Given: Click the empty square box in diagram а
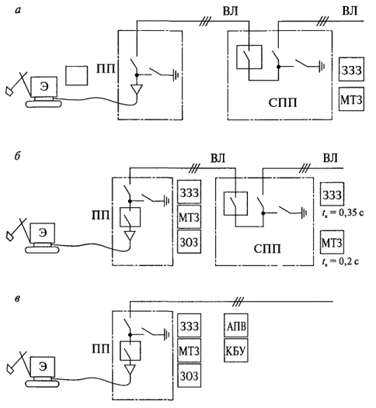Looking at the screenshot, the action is pyautogui.click(x=76, y=75).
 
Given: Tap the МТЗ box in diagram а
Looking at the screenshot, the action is pyautogui.click(x=351, y=99).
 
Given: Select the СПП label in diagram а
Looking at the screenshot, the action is pyautogui.click(x=283, y=103).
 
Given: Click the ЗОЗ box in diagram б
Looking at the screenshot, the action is pyautogui.click(x=190, y=242).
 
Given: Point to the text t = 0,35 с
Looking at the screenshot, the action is pyautogui.click(x=343, y=213).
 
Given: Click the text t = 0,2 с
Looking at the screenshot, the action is pyautogui.click(x=340, y=261).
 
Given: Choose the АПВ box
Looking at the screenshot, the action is pyautogui.click(x=236, y=325).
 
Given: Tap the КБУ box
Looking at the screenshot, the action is pyautogui.click(x=236, y=351).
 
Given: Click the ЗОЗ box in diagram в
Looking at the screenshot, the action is pyautogui.click(x=190, y=375).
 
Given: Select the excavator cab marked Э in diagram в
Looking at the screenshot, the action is pyautogui.click(x=43, y=367).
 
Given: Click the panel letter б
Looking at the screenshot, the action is pyautogui.click(x=17, y=157).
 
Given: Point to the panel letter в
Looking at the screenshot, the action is pyautogui.click(x=17, y=299).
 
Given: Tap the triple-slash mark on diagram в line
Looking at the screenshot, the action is pyautogui.click(x=238, y=302).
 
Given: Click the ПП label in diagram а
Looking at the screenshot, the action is pyautogui.click(x=106, y=69).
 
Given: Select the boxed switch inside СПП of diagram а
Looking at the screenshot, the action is pyautogui.click(x=249, y=57).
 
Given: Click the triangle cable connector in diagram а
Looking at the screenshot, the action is pyautogui.click(x=137, y=89).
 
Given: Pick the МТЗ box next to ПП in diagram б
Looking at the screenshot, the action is pyautogui.click(x=190, y=217).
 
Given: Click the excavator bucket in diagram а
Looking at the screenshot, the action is pyautogui.click(x=9, y=91).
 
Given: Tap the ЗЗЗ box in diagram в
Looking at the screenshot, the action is pyautogui.click(x=190, y=325).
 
